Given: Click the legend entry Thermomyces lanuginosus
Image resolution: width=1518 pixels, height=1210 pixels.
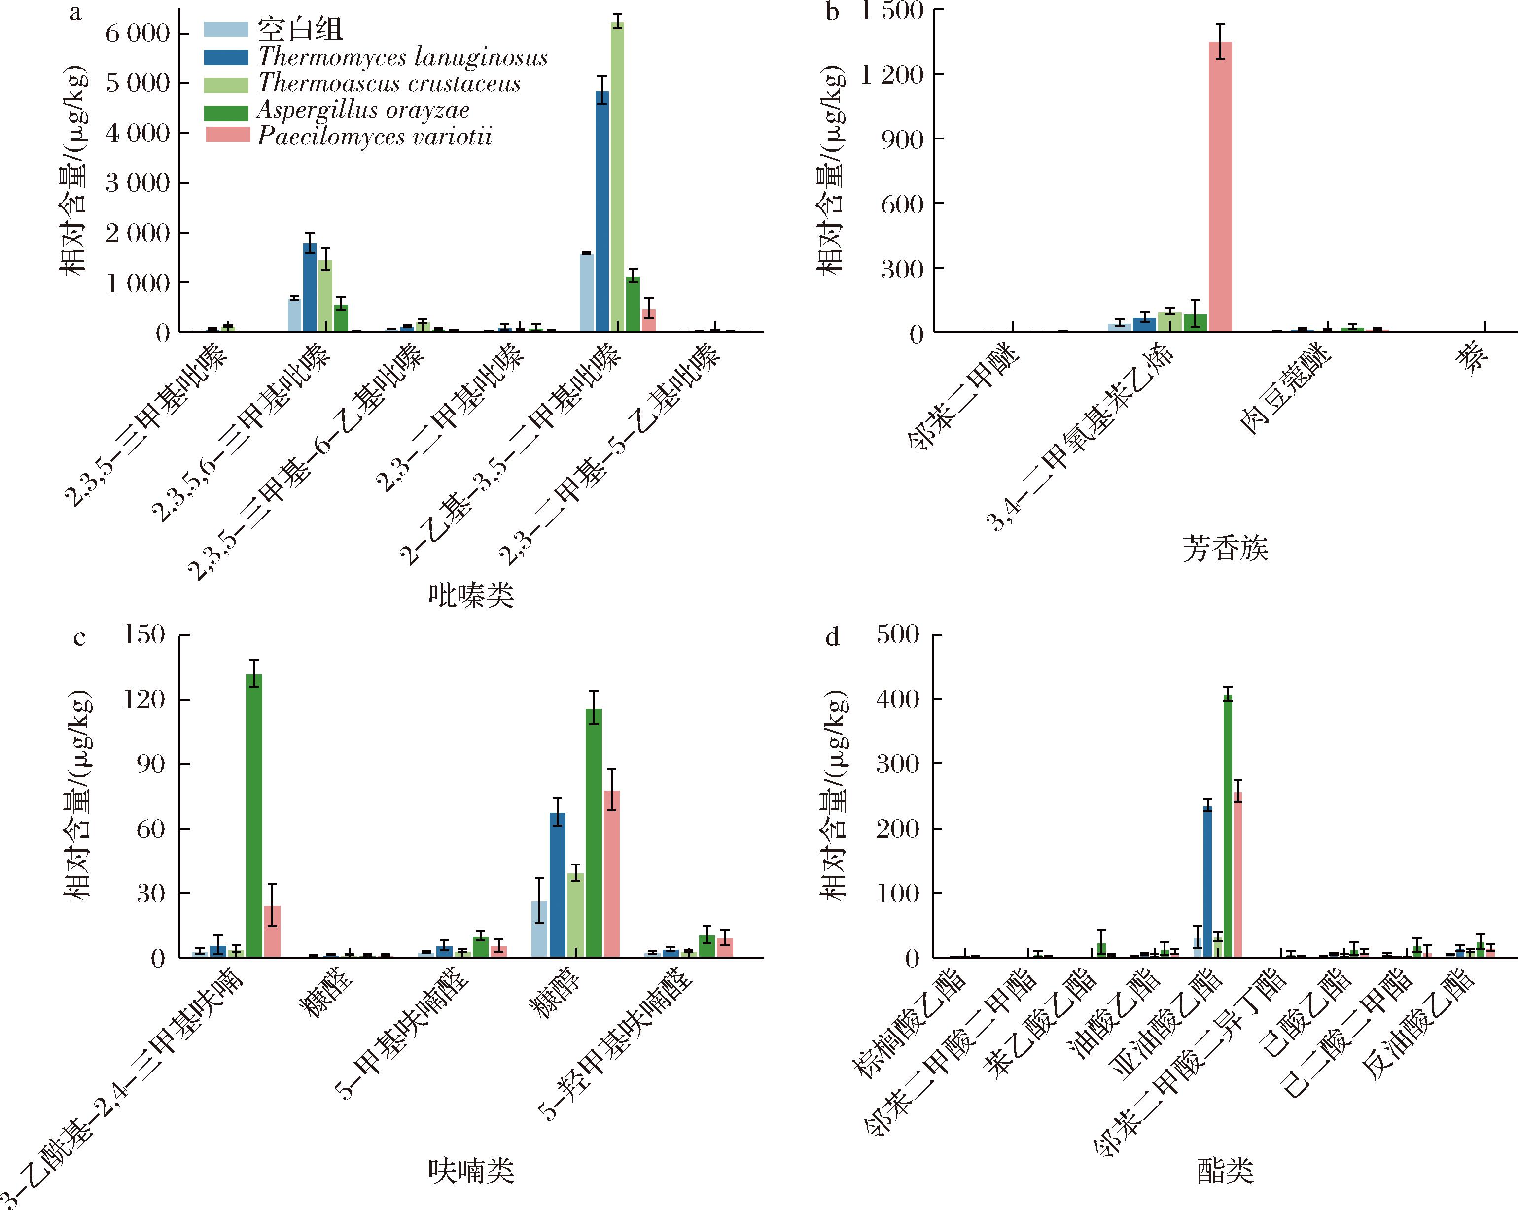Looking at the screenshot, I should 402,57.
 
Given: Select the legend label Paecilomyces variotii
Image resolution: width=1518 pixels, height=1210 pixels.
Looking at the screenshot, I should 375,136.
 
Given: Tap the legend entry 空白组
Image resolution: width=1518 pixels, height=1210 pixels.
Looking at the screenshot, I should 299,30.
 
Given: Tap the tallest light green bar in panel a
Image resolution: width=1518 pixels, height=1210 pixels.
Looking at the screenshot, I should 617,176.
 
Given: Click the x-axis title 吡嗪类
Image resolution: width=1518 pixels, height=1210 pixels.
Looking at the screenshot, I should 471,595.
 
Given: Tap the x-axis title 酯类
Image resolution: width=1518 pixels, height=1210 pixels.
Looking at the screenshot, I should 1225,1171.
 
